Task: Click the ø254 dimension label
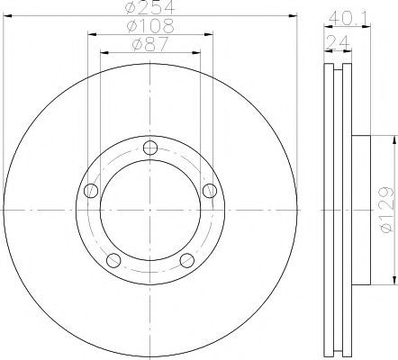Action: click(149, 7)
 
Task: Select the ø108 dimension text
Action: click(150, 26)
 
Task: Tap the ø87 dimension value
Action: click(149, 44)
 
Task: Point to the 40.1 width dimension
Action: click(348, 19)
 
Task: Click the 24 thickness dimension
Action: click(339, 42)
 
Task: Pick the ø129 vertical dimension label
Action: click(386, 210)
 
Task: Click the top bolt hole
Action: click(150, 148)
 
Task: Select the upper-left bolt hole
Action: click(91, 191)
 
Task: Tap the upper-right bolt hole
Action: click(210, 191)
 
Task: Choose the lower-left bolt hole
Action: click(113, 260)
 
